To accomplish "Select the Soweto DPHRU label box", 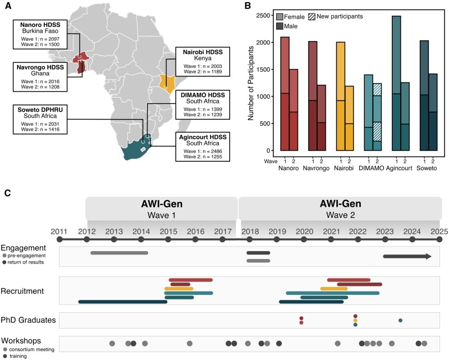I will [x=38, y=119].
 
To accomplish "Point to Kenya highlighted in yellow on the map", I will [x=166, y=82].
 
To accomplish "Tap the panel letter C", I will [x=7, y=193].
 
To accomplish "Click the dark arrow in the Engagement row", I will [x=407, y=257].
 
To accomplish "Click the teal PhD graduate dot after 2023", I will [x=400, y=321].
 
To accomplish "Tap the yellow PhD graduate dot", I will [x=355, y=321].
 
